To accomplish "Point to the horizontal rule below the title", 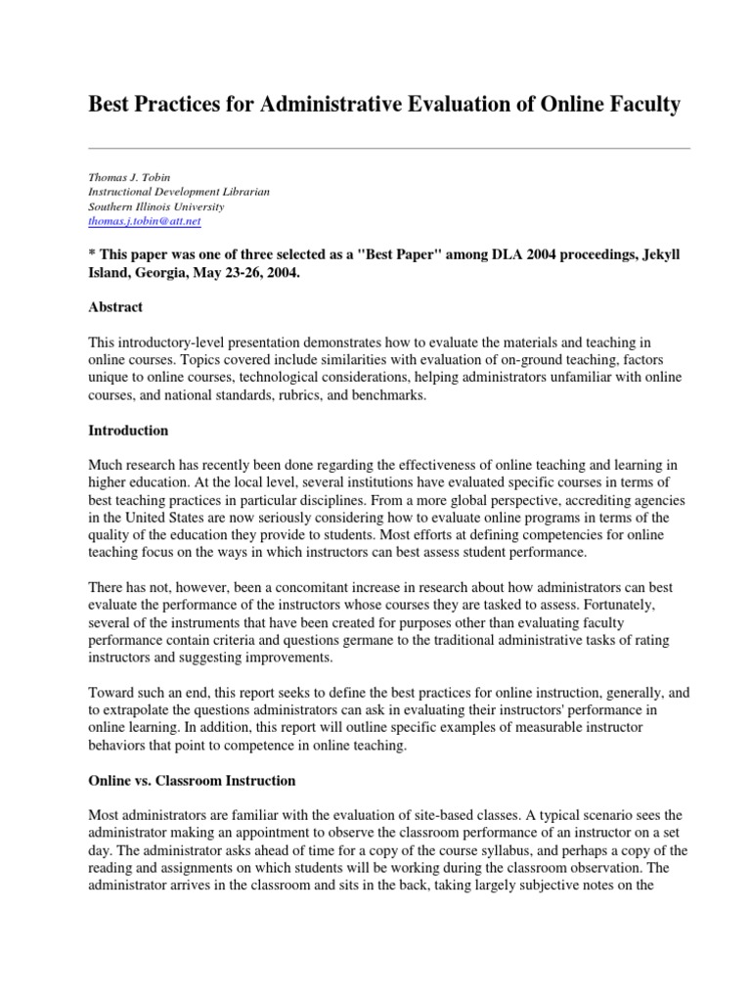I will point(389,148).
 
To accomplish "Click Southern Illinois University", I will point(156,207).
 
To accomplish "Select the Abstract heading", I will point(115,307).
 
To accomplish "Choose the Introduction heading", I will point(128,431).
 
